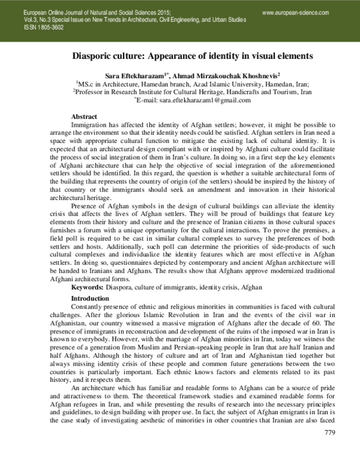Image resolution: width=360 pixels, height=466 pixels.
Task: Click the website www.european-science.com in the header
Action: point(296,12)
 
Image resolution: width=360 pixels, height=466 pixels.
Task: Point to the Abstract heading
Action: point(84,115)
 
